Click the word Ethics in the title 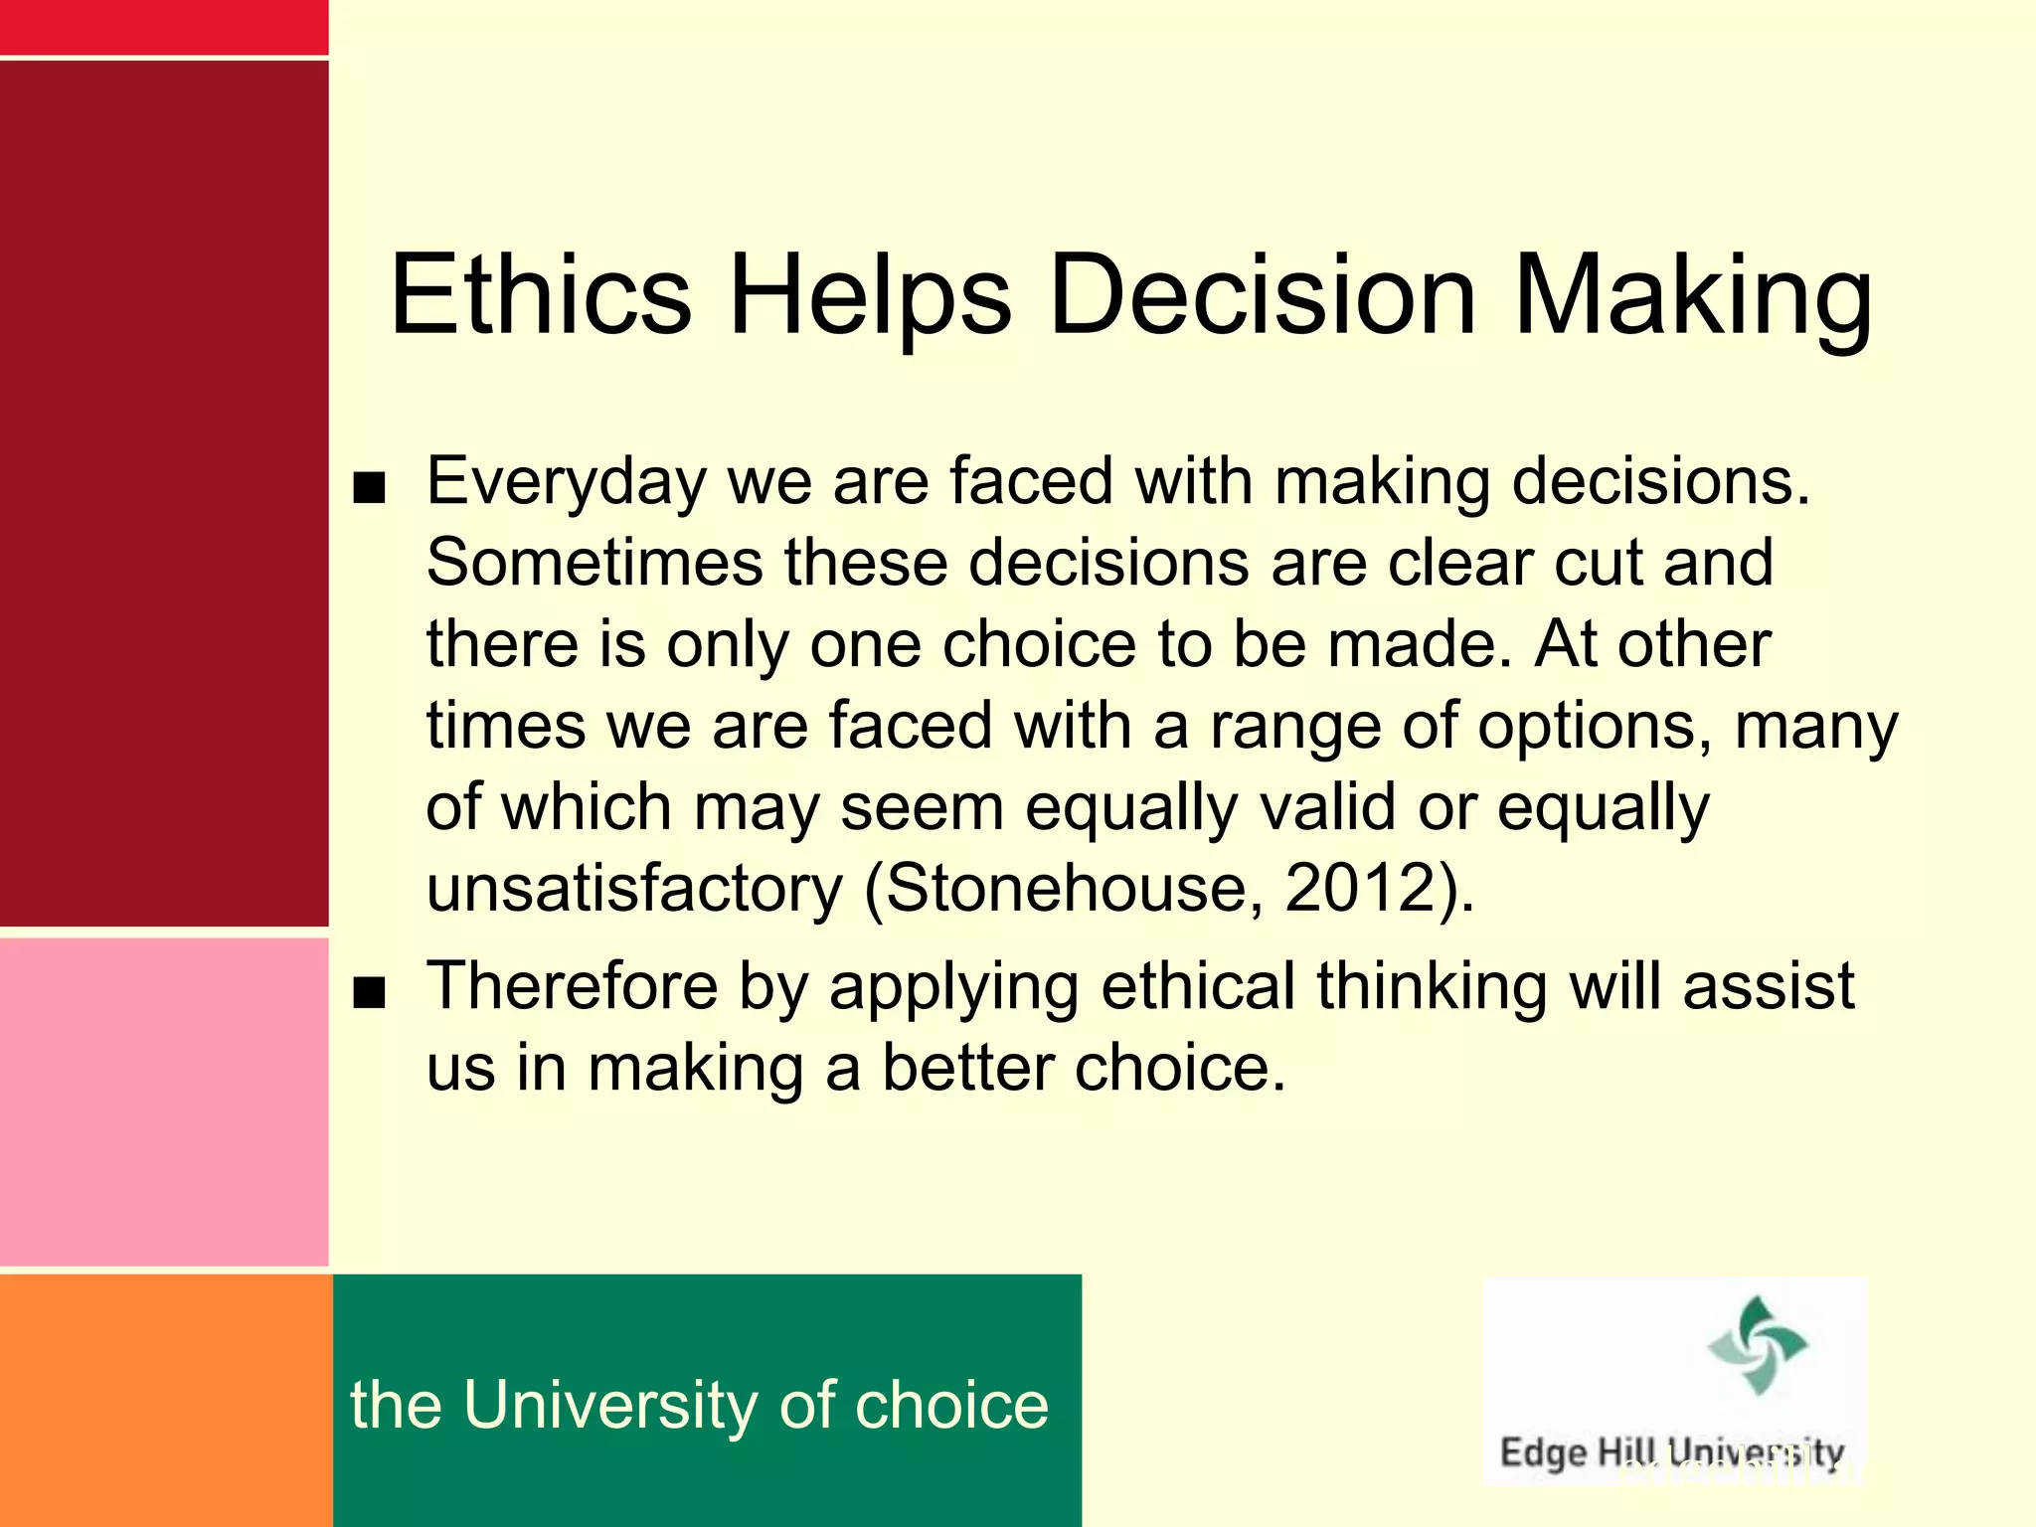tap(540, 295)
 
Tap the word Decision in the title tap(1263, 295)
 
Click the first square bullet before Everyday tap(369, 488)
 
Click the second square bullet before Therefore tap(369, 992)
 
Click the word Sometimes tap(594, 563)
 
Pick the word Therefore tap(572, 986)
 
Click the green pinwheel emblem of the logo tap(1757, 1344)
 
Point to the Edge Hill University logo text tap(1671, 1452)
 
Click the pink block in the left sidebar tap(164, 1102)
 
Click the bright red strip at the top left tap(164, 27)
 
